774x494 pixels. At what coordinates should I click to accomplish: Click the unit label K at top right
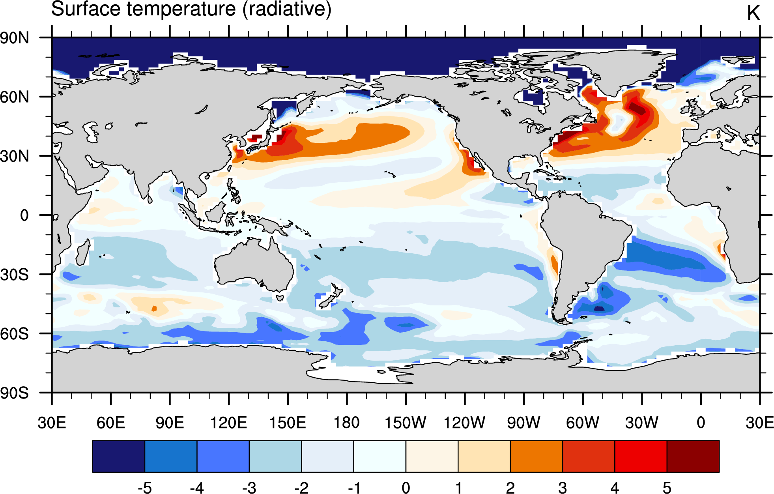pyautogui.click(x=753, y=13)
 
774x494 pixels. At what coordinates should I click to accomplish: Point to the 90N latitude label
pyautogui.click(x=15, y=38)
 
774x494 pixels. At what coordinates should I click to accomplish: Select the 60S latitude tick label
pyautogui.click(x=15, y=334)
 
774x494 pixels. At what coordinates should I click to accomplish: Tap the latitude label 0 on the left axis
pyautogui.click(x=24, y=215)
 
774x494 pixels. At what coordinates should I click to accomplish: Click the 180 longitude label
pyautogui.click(x=347, y=423)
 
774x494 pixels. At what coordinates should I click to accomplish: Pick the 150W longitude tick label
pyautogui.click(x=406, y=423)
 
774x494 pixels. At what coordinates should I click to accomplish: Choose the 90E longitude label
pyautogui.click(x=170, y=423)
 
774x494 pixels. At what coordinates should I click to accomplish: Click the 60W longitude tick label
pyautogui.click(x=583, y=423)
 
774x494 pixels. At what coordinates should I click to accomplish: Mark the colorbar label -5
pyautogui.click(x=145, y=488)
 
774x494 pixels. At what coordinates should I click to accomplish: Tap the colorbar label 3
pyautogui.click(x=563, y=488)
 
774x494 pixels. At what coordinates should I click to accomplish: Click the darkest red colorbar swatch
pyautogui.click(x=693, y=456)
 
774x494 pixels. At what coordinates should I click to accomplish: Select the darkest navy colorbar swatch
pyautogui.click(x=118, y=456)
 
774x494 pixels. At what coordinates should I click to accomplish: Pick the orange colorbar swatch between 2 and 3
pyautogui.click(x=537, y=456)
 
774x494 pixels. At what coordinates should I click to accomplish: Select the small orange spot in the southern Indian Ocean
pyautogui.click(x=154, y=309)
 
